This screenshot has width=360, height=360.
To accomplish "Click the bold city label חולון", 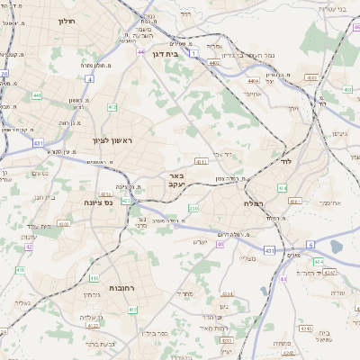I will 67,19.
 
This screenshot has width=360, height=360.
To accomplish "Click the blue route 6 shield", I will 311,244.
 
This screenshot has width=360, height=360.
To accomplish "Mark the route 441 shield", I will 37,94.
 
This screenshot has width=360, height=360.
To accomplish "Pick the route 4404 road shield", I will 252,80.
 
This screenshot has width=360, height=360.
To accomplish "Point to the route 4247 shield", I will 329,271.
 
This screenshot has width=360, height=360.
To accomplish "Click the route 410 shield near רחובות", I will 132,310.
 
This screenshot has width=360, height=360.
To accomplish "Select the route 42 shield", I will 29,246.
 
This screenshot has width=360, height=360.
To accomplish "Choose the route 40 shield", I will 220,244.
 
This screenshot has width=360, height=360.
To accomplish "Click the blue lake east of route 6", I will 337,246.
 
